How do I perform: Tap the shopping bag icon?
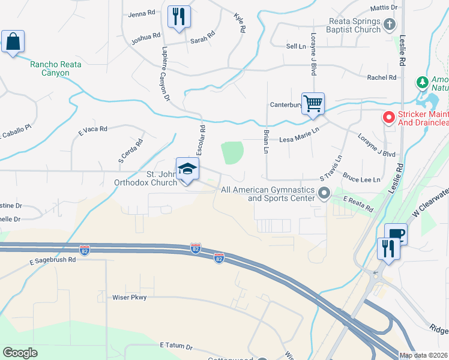click(12, 43)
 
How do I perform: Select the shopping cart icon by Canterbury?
click(313, 103)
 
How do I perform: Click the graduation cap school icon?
click(187, 169)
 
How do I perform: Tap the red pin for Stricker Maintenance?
click(388, 117)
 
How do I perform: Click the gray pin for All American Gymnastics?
click(325, 193)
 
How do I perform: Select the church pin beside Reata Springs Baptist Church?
click(390, 25)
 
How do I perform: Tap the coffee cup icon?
click(396, 233)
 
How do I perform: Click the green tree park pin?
click(423, 82)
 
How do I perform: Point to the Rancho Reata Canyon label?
click(59, 68)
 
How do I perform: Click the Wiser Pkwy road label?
click(130, 297)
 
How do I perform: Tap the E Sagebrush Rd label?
click(52, 260)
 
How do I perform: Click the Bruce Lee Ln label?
click(361, 179)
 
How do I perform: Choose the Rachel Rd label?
click(382, 77)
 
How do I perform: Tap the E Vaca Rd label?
click(92, 129)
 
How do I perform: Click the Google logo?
click(20, 353)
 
